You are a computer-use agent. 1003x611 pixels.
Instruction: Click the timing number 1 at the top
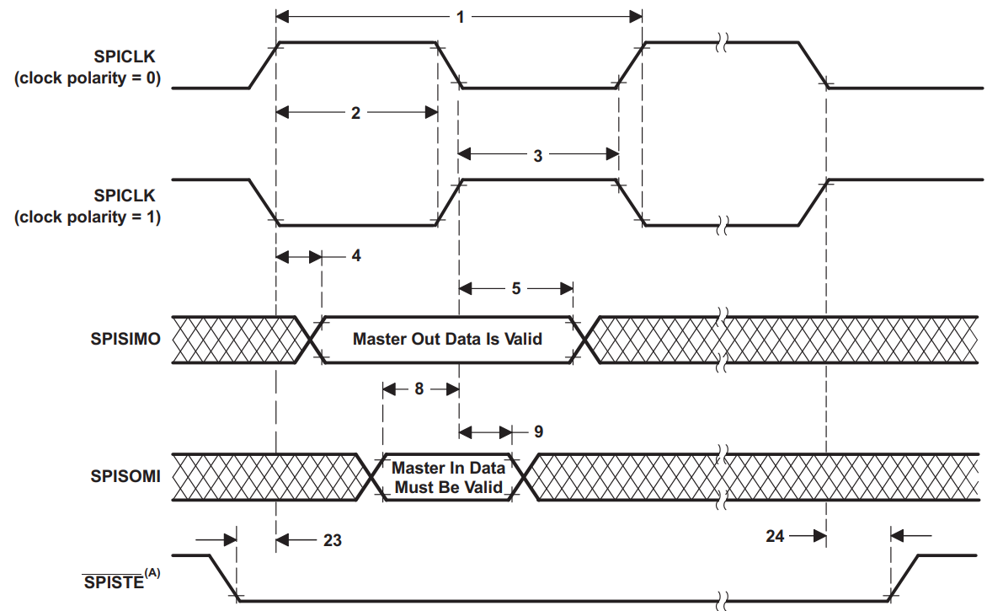coord(459,16)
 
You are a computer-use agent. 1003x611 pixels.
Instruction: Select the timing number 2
coord(355,112)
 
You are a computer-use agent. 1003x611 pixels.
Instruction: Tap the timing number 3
coord(538,155)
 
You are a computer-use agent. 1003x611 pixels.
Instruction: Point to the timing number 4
coord(356,255)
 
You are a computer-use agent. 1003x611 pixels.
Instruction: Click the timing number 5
coord(515,288)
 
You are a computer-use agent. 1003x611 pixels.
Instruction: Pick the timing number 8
coord(419,389)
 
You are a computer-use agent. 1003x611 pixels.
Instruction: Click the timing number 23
coord(332,539)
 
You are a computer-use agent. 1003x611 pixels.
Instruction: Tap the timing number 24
coord(776,535)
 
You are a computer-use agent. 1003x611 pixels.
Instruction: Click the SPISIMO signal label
coord(125,340)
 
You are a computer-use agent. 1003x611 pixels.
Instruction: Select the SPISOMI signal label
coord(125,477)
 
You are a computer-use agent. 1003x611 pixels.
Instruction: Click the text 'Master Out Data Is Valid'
coord(447,340)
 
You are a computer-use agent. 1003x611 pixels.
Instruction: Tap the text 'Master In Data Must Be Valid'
coord(448,477)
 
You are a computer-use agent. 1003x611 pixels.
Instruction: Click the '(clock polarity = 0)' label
coord(87,78)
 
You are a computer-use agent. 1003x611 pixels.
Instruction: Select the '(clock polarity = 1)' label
coord(87,217)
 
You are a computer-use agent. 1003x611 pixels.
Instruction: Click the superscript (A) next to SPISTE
coord(152,574)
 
